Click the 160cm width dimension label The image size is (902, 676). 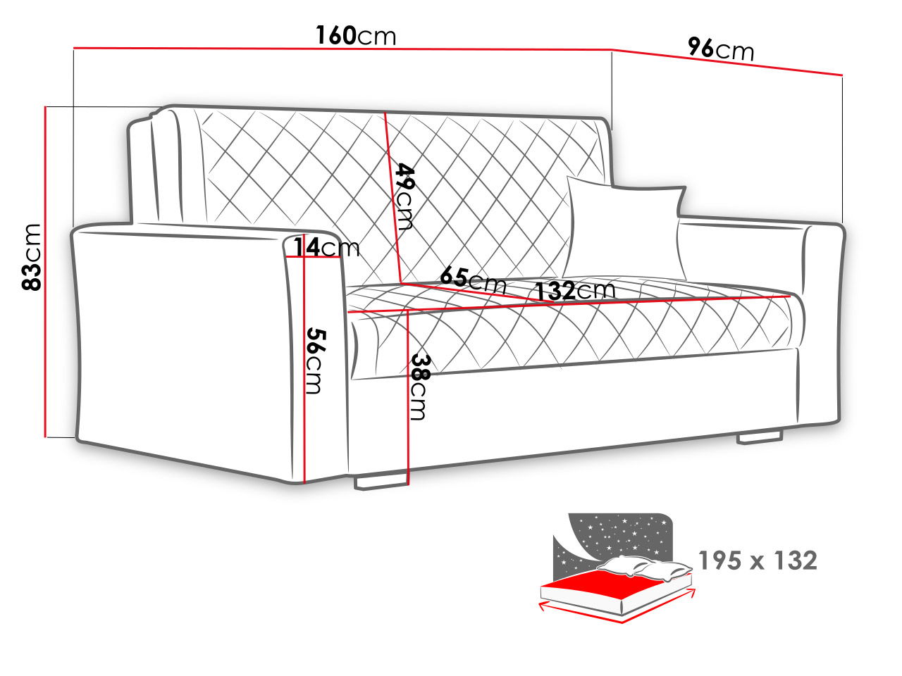[x=356, y=35]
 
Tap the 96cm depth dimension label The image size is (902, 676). [x=721, y=49]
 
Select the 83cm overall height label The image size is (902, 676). [x=32, y=257]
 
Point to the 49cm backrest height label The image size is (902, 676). [x=404, y=196]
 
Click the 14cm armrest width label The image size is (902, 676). [x=326, y=247]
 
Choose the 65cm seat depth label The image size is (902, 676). [x=473, y=280]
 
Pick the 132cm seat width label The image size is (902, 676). [x=575, y=291]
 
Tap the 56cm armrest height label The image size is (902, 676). [x=316, y=361]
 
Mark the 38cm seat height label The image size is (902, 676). [x=420, y=387]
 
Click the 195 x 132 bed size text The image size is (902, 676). [x=758, y=561]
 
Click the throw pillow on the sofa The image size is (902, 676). [x=624, y=228]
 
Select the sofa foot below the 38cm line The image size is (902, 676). [x=381, y=482]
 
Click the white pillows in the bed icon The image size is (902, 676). [x=643, y=568]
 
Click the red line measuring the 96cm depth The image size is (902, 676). [x=727, y=63]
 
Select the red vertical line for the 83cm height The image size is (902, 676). [x=44, y=271]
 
